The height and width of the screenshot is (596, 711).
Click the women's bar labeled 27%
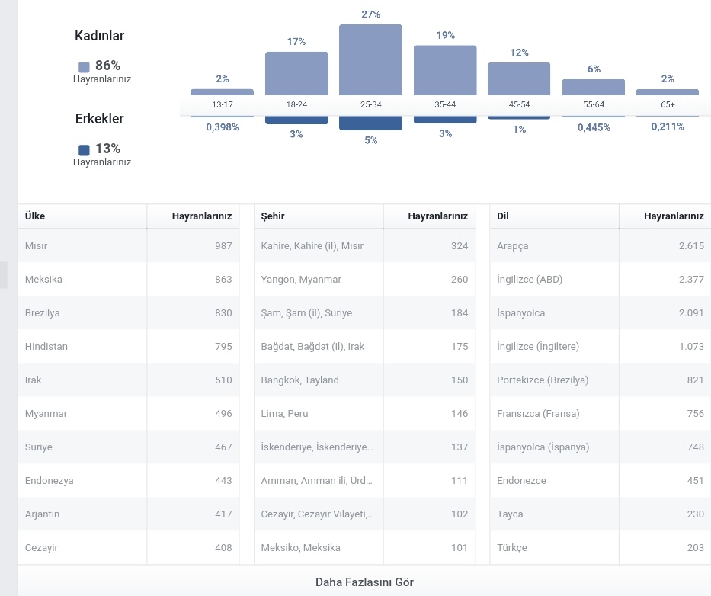pos(370,60)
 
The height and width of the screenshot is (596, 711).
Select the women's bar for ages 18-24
pos(296,73)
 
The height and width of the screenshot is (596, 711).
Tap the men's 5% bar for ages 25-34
pos(370,123)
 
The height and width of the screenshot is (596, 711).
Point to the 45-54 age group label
pos(519,104)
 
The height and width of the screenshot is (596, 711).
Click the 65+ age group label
pos(668,104)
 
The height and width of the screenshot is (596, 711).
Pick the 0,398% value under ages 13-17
pos(223,127)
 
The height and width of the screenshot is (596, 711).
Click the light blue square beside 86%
pos(84,67)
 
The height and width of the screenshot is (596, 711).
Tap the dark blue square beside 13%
pos(84,150)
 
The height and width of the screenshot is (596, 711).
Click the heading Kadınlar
pos(99,35)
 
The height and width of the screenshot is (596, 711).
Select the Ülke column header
pos(35,216)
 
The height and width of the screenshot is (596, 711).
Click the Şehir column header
pos(273,216)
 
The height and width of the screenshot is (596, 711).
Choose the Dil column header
pos(502,216)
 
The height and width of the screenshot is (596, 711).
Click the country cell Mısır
pos(37,246)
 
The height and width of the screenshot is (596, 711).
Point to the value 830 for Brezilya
pos(223,313)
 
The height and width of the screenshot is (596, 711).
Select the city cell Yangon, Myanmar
pos(301,280)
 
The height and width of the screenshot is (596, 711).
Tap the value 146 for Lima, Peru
pos(460,414)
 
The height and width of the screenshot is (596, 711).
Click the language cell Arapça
pos(512,246)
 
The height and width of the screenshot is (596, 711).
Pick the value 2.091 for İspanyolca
pos(691,313)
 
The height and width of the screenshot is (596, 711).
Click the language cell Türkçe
pos(512,548)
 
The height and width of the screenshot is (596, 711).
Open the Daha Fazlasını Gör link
pos(364,582)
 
